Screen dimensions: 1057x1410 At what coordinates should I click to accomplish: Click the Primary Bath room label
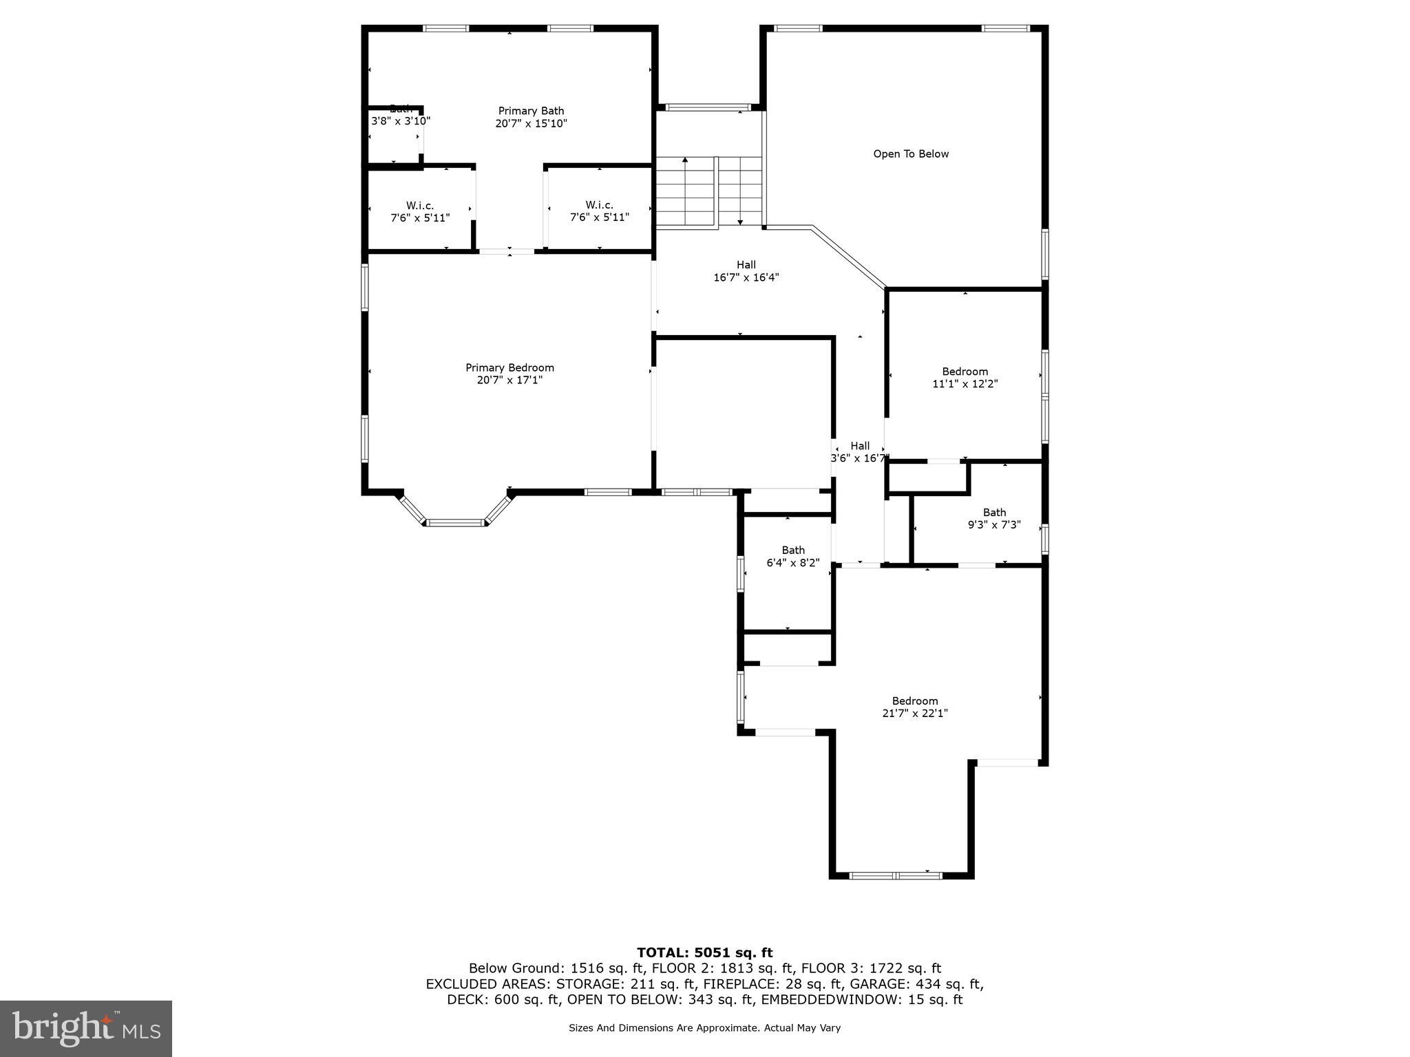[531, 111]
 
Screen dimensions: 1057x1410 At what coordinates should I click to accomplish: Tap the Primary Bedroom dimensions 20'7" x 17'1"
[509, 380]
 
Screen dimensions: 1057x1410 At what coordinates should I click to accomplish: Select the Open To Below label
[910, 154]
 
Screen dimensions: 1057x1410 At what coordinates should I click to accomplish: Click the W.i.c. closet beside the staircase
[599, 211]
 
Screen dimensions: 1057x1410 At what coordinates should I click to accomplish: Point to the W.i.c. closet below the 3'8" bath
[420, 211]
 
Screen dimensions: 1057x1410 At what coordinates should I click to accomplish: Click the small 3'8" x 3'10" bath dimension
[401, 121]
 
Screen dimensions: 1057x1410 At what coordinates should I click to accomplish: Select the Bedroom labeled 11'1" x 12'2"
[965, 378]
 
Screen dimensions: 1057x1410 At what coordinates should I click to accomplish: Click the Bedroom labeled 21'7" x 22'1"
[914, 707]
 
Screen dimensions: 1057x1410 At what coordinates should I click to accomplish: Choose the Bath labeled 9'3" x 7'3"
[993, 518]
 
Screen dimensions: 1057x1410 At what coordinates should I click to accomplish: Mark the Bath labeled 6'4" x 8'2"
[792, 556]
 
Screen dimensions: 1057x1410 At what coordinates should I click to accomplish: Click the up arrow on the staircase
[685, 161]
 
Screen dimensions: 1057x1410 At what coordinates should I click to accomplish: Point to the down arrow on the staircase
[740, 221]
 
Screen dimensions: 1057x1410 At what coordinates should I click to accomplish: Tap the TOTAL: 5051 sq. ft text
[704, 952]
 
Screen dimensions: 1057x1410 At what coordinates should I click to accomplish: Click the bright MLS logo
[86, 1028]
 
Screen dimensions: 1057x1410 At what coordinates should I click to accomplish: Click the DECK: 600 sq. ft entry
[503, 1000]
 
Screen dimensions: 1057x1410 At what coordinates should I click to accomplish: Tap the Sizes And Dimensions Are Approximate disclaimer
[704, 1028]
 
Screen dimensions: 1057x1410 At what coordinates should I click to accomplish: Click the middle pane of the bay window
[454, 523]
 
